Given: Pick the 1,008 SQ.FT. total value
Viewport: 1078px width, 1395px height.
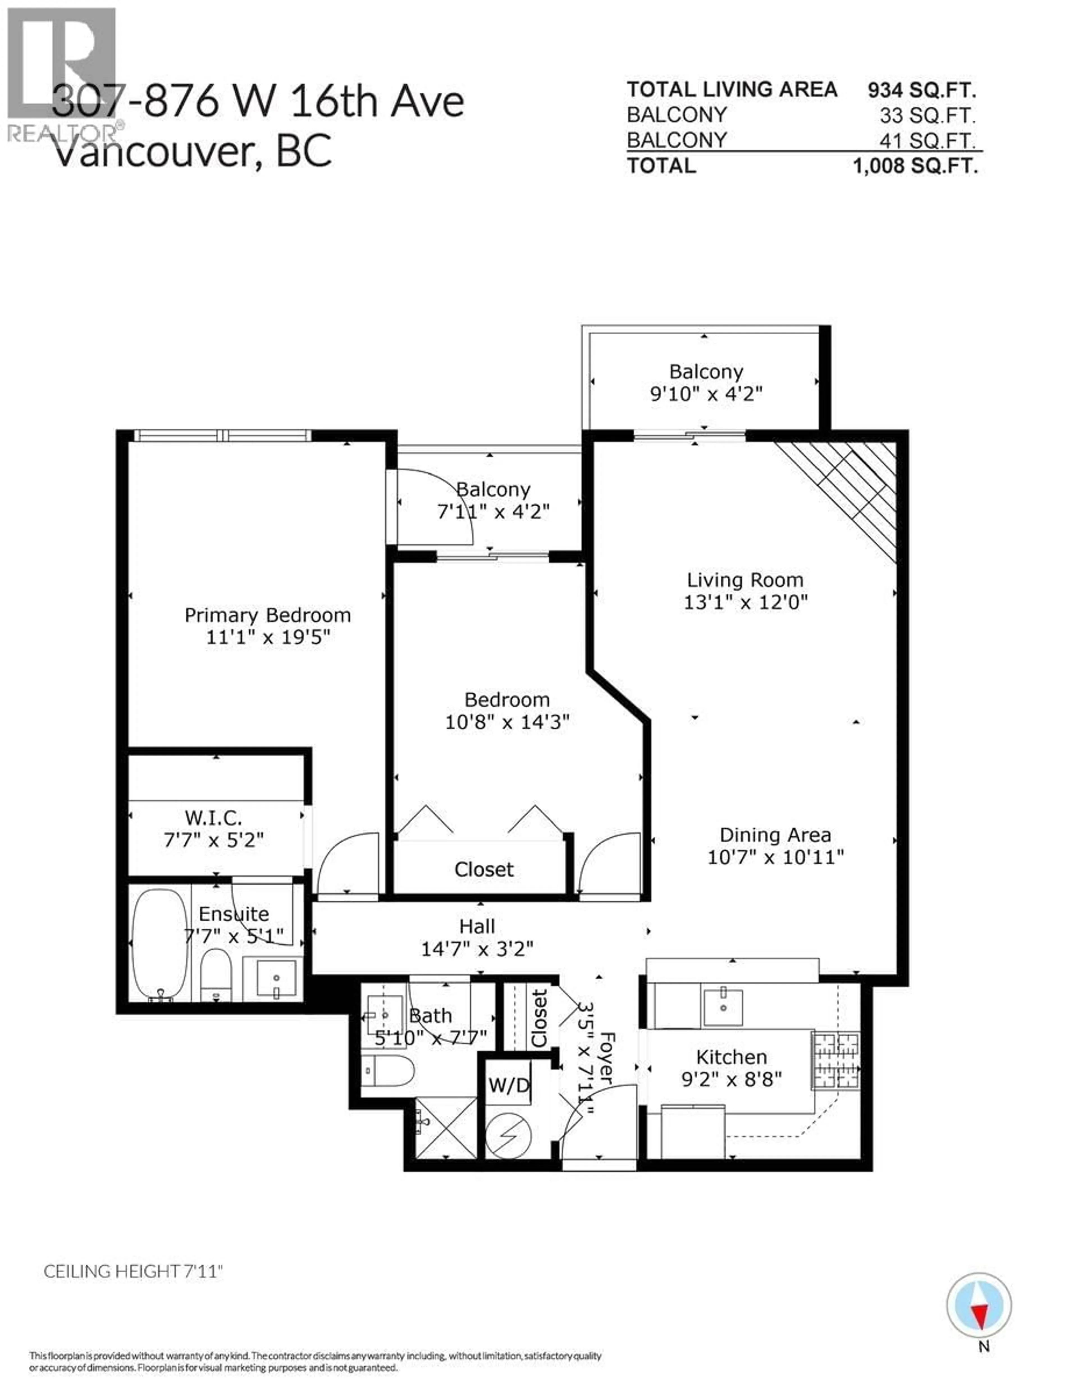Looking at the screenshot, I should (915, 166).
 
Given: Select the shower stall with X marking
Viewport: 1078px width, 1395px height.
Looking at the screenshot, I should (446, 1127).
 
